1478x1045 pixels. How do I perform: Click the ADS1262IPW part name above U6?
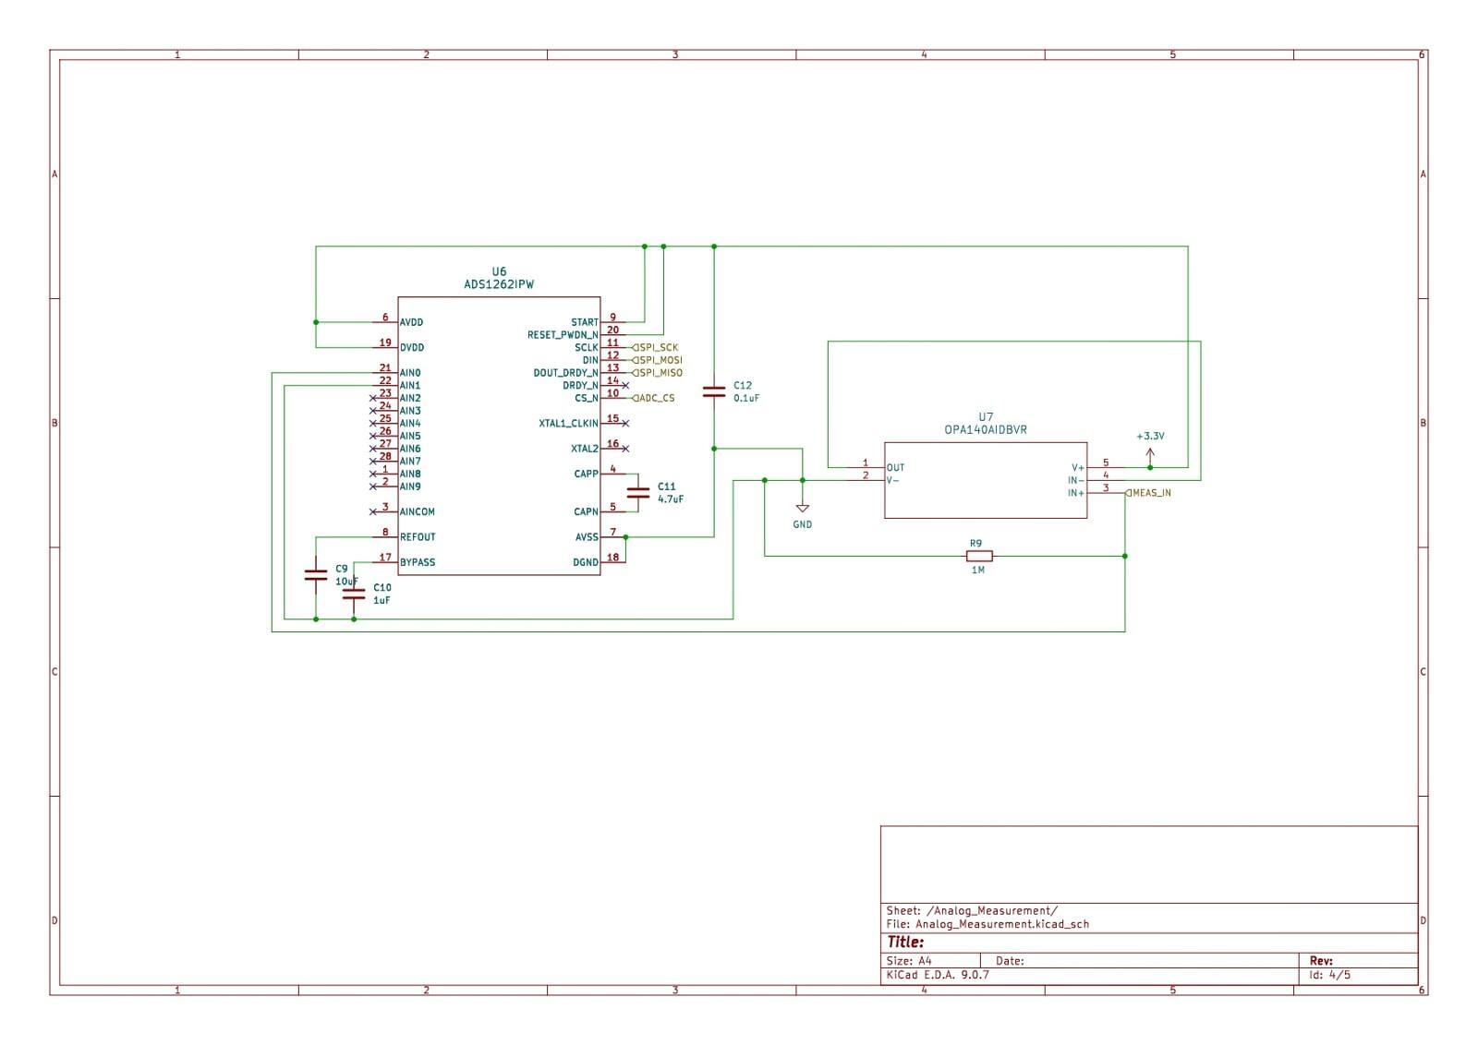pyautogui.click(x=499, y=284)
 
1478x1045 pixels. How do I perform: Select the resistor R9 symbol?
pyautogui.click(x=979, y=557)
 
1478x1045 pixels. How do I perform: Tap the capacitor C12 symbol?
pyautogui.click(x=714, y=391)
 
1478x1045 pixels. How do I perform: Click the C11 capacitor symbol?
pyautogui.click(x=638, y=493)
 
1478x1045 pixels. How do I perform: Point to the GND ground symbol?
pyautogui.click(x=803, y=509)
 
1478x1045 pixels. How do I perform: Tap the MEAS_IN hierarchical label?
pyautogui.click(x=1148, y=493)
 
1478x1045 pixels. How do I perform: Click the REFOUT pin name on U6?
pyautogui.click(x=418, y=537)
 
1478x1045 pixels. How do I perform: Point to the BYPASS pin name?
pyautogui.click(x=418, y=562)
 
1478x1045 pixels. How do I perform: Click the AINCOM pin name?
pyautogui.click(x=417, y=511)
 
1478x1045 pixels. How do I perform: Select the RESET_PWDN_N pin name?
pyautogui.click(x=563, y=335)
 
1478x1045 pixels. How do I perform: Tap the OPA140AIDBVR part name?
pyautogui.click(x=986, y=430)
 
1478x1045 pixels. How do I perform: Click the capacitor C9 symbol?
pyautogui.click(x=316, y=575)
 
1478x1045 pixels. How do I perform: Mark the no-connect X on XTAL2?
pyautogui.click(x=625, y=449)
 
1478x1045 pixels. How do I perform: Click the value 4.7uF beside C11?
pyautogui.click(x=671, y=499)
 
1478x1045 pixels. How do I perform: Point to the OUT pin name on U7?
pyautogui.click(x=895, y=468)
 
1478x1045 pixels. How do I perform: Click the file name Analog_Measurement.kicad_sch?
pyautogui.click(x=1001, y=924)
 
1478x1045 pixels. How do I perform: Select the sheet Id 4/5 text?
pyautogui.click(x=1329, y=975)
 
